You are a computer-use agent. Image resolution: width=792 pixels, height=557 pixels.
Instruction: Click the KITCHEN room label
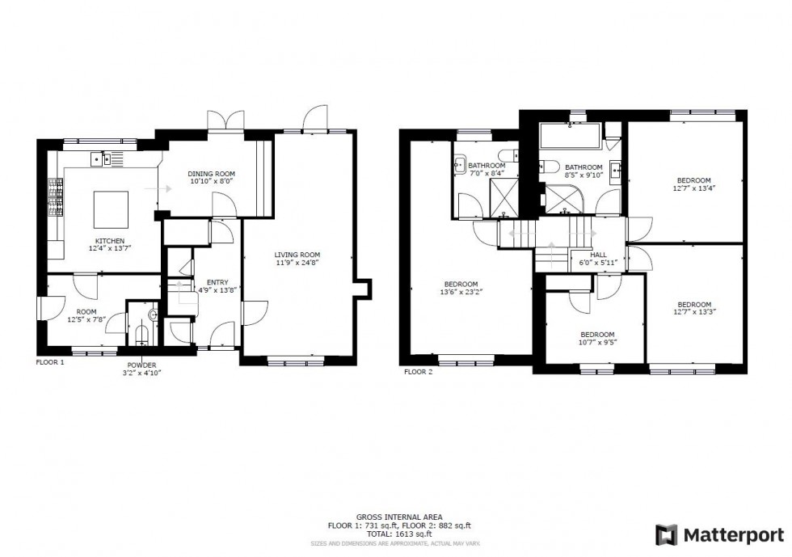click(x=110, y=241)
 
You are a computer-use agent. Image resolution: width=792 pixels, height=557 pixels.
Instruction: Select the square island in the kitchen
click(x=111, y=209)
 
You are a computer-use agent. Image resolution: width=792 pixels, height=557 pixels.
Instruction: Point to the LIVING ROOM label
click(x=297, y=254)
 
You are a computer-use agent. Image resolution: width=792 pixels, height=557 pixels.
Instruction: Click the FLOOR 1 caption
click(x=50, y=363)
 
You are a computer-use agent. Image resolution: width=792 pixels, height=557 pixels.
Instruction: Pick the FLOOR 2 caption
click(x=419, y=372)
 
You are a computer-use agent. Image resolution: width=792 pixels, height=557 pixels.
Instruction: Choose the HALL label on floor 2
click(x=598, y=255)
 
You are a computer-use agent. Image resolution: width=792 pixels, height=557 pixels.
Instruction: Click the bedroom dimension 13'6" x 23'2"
click(x=460, y=293)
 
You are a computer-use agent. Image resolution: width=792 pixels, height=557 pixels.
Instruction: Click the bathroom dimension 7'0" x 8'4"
click(x=485, y=173)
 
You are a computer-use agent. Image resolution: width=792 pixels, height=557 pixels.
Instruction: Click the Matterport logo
click(x=719, y=535)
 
